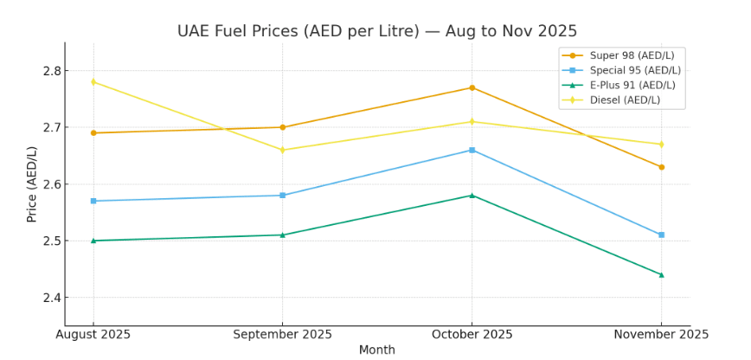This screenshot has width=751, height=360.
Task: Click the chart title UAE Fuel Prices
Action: point(376,31)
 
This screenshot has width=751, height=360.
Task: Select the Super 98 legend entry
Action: point(631,55)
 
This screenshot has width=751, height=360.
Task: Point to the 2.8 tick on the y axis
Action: point(50,71)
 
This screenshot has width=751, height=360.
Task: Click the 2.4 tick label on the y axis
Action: point(50,298)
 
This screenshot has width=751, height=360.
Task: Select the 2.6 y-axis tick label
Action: point(50,184)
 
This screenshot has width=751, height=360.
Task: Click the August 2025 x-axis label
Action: point(93,334)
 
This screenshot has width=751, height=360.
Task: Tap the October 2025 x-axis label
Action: point(472,334)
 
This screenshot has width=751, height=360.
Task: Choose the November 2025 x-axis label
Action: point(662,334)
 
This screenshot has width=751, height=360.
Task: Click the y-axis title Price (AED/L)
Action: point(32,183)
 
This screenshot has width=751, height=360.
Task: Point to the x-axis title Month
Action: point(376,350)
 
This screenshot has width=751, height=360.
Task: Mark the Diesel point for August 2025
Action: point(93,82)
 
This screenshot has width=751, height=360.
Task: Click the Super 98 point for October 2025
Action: point(472,87)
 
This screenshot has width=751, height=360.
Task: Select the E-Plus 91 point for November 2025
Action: point(661,274)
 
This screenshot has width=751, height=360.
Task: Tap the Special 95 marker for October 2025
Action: point(472,150)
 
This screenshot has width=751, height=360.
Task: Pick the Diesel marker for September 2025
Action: point(282,150)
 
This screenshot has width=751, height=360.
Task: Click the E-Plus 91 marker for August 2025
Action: point(93,241)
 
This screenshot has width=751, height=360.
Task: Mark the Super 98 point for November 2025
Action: point(661,167)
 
